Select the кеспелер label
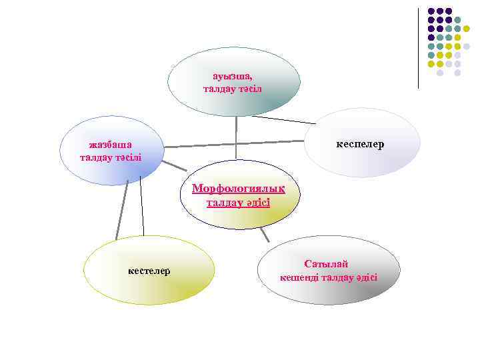[360, 144]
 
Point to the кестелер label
[149, 271]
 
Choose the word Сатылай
[326, 264]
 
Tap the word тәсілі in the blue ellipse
[127, 157]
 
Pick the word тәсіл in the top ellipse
[251, 89]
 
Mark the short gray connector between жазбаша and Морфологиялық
[174, 165]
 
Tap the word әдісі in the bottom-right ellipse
[365, 277]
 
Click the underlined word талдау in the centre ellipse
[220, 202]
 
